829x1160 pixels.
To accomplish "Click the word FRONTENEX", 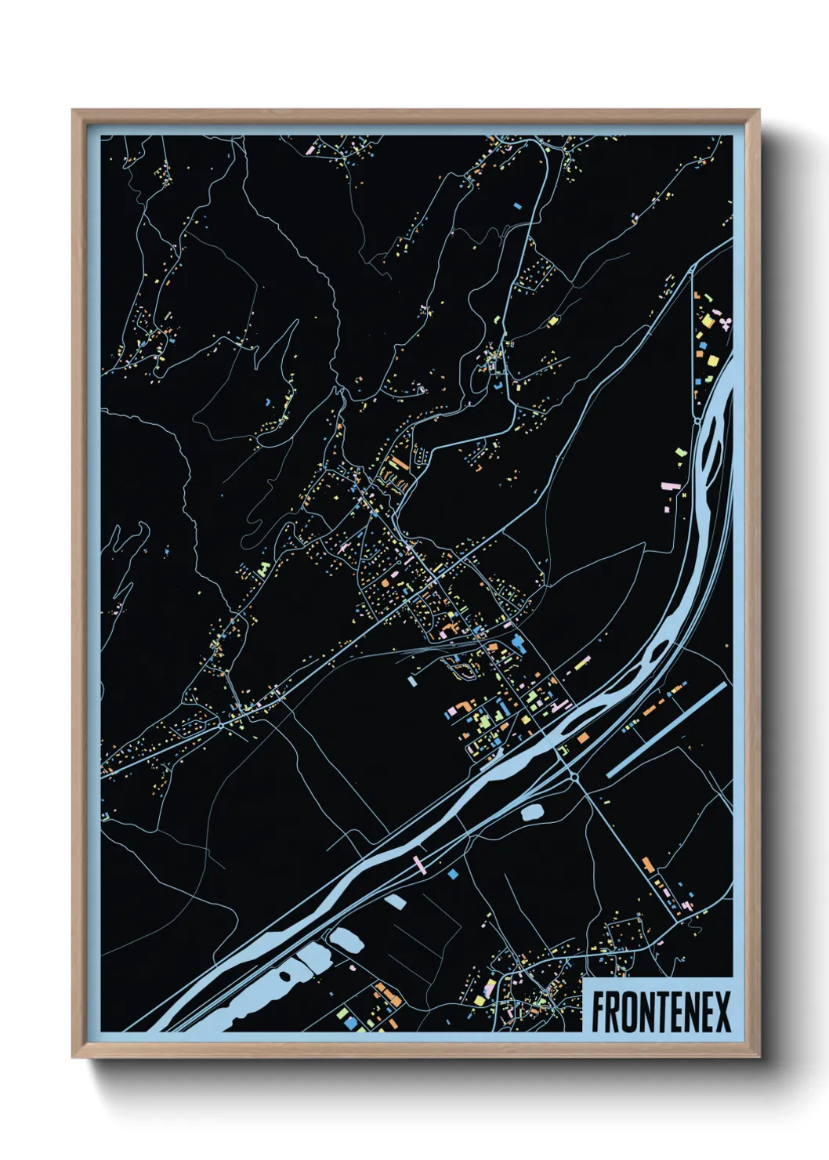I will click(x=661, y=1012).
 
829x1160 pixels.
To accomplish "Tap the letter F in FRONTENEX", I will click(x=599, y=1012).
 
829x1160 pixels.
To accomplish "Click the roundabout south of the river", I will click(x=574, y=776).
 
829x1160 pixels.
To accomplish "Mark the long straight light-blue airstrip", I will click(x=666, y=729).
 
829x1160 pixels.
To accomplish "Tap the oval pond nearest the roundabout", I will click(x=533, y=812).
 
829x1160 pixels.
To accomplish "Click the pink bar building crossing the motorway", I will click(x=420, y=865).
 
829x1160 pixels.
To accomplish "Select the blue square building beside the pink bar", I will click(x=453, y=872).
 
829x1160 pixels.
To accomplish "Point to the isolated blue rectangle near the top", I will click(x=517, y=206).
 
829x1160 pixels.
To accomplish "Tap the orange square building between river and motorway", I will click(x=583, y=738).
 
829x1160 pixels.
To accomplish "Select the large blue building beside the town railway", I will click(x=518, y=644).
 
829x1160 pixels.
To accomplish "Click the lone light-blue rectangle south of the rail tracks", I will click(x=412, y=681).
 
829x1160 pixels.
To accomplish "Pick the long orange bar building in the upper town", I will click(x=399, y=462).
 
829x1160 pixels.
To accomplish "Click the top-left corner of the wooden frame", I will click(x=74, y=111).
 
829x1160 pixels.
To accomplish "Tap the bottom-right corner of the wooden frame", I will click(x=758, y=1056).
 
